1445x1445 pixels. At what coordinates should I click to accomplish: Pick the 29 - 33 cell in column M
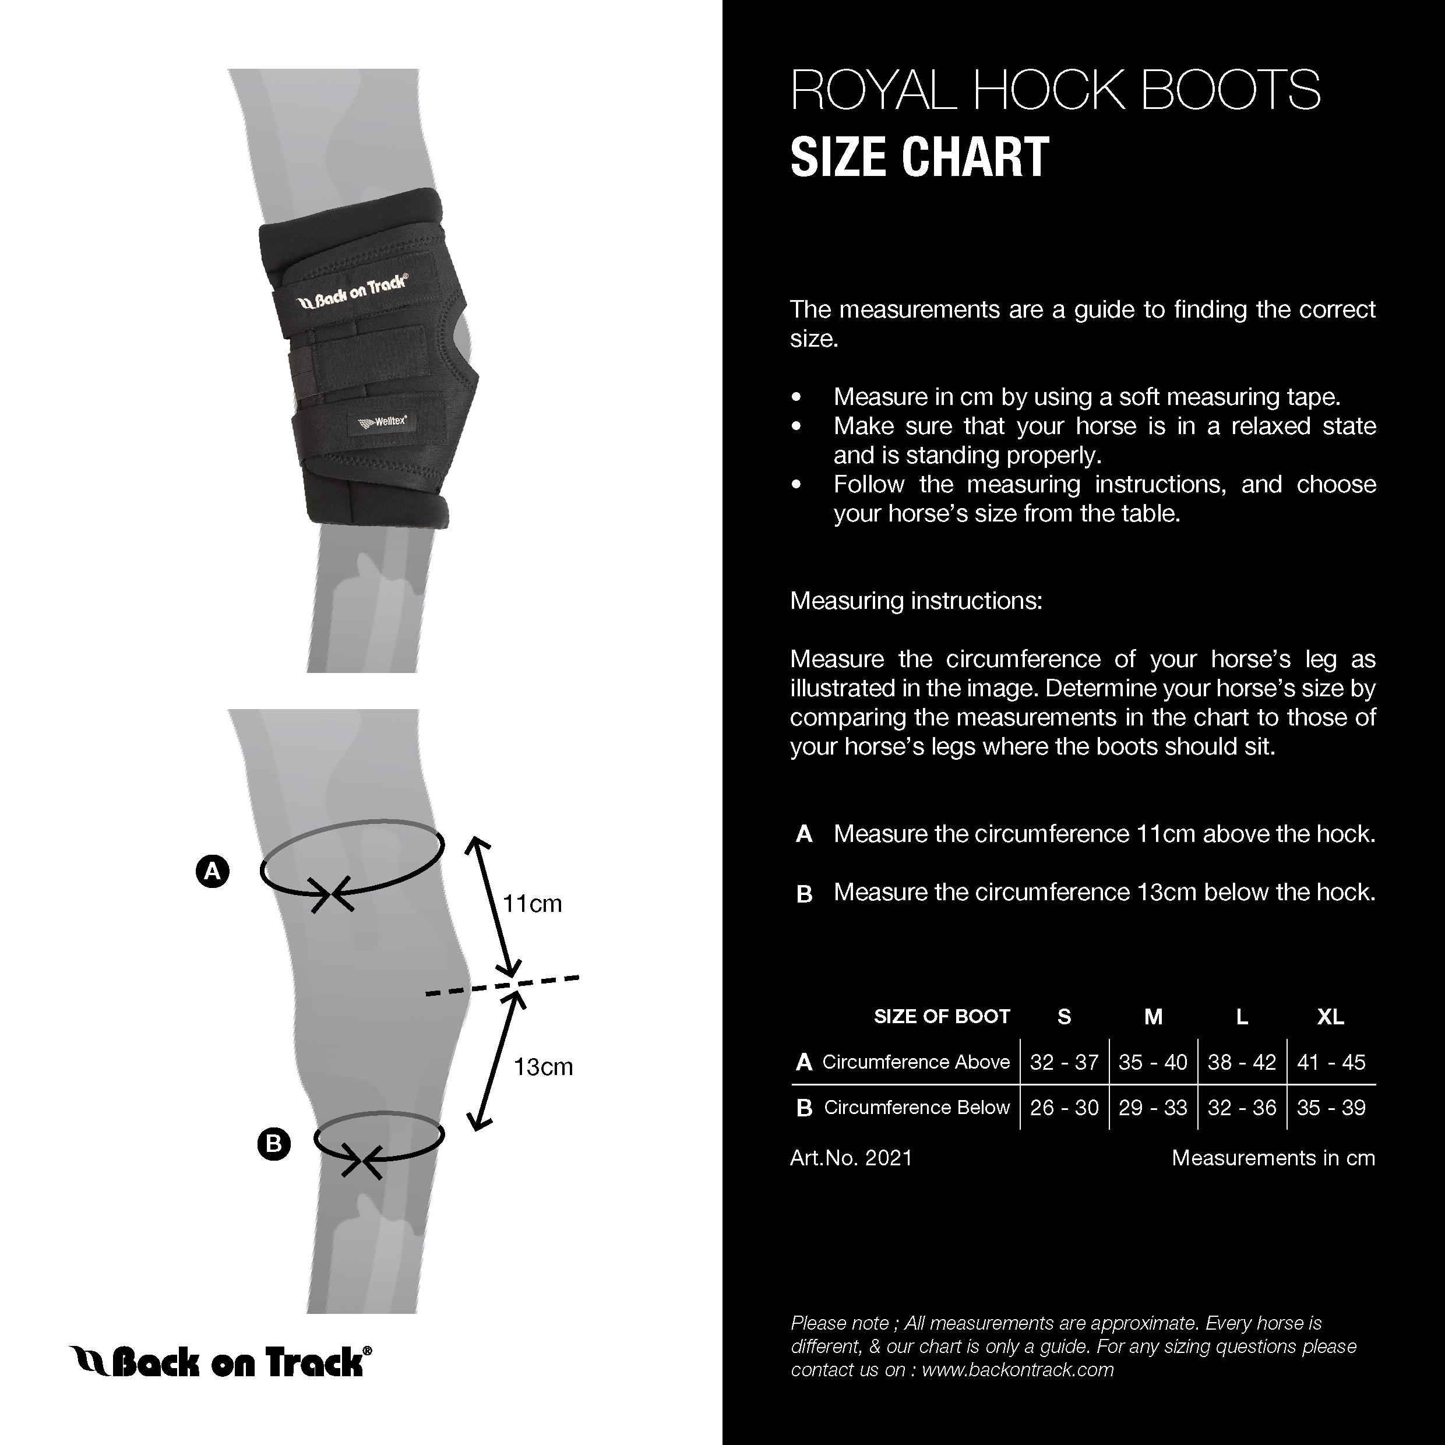tap(1153, 1108)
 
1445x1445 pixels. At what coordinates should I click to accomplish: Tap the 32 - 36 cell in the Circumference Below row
tap(1242, 1108)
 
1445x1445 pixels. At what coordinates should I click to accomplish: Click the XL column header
tap(1331, 1016)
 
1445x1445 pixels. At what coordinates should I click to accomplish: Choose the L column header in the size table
tap(1242, 1016)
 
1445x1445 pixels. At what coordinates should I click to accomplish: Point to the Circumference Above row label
tap(915, 1062)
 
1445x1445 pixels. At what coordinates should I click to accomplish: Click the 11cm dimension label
tap(532, 904)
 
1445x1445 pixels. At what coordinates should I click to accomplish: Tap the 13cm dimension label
tap(543, 1066)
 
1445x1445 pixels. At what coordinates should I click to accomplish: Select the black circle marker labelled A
tap(213, 871)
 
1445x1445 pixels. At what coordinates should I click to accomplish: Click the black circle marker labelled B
tap(274, 1144)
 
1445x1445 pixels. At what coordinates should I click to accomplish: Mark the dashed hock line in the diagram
tap(502, 985)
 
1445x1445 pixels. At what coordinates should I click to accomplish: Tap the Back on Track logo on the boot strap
tap(353, 292)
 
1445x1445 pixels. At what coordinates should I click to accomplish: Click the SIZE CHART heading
tap(919, 157)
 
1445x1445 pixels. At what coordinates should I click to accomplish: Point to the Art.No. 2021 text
tap(851, 1158)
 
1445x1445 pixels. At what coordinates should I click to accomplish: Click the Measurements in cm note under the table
tap(1273, 1158)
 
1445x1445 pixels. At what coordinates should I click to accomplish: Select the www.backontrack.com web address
tap(1018, 1369)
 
